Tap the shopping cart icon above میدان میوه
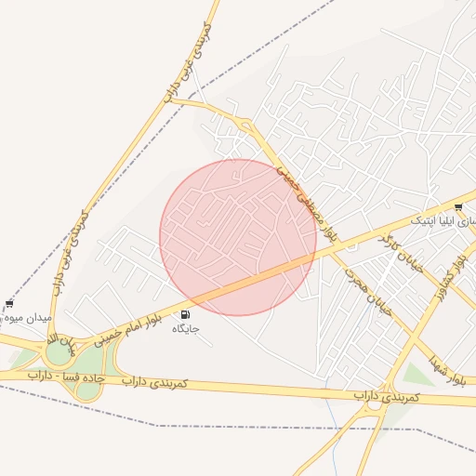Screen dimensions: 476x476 pyautogui.click(x=9, y=303)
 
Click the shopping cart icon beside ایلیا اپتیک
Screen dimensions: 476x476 pyautogui.click(x=458, y=206)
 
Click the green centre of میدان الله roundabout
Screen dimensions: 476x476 pyautogui.click(x=60, y=352)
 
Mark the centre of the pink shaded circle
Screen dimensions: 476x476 pyautogui.click(x=238, y=237)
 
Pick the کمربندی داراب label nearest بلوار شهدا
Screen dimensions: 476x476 pyautogui.click(x=386, y=397)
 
